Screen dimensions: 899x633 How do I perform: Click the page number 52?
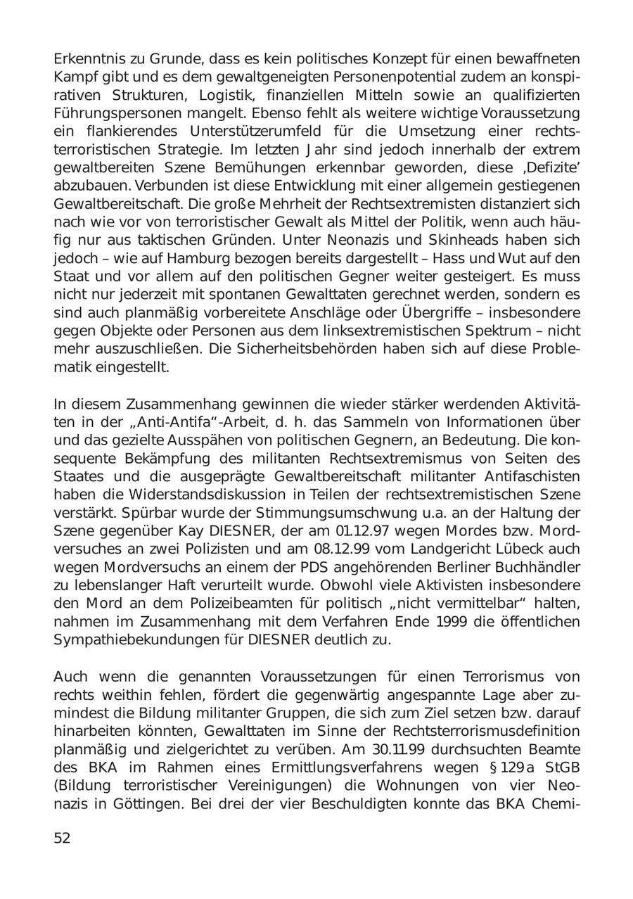tap(62, 839)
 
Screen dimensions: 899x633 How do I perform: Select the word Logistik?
tap(219, 95)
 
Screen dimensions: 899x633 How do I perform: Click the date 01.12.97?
tap(376, 530)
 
